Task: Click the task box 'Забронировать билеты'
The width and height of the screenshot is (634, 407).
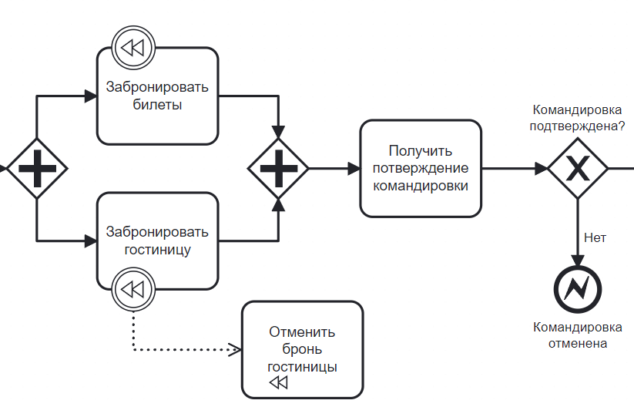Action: pyautogui.click(x=157, y=96)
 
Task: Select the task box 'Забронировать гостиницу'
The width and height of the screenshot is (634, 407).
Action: pyautogui.click(x=157, y=240)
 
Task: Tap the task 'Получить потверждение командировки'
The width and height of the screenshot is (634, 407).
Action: pyautogui.click(x=421, y=168)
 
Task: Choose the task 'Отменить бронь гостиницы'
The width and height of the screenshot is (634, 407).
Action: pyautogui.click(x=302, y=348)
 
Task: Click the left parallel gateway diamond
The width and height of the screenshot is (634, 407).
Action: pyautogui.click(x=37, y=168)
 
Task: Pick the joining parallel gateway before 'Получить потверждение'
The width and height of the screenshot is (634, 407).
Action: pyautogui.click(x=278, y=168)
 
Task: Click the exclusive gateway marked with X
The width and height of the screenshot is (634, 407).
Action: pyautogui.click(x=578, y=168)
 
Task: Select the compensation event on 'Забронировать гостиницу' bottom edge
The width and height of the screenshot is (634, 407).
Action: pyautogui.click(x=133, y=290)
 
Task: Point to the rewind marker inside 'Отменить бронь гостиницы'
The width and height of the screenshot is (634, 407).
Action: pyautogui.click(x=278, y=383)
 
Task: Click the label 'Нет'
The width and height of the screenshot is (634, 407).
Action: pyautogui.click(x=595, y=237)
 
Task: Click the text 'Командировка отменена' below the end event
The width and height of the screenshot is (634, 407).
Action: pyautogui.click(x=578, y=335)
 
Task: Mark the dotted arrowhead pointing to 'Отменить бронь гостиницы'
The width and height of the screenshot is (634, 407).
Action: pyautogui.click(x=236, y=350)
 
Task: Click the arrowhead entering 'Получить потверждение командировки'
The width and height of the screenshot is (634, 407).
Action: pyautogui.click(x=354, y=168)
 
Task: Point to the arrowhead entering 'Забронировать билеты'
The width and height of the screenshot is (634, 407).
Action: pyautogui.click(x=91, y=96)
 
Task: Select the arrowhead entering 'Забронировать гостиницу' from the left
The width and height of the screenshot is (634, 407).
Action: pyautogui.click(x=91, y=241)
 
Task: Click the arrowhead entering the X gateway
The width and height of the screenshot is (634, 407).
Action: pyautogui.click(x=542, y=168)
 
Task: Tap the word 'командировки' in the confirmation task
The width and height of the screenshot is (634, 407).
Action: pyautogui.click(x=421, y=185)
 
